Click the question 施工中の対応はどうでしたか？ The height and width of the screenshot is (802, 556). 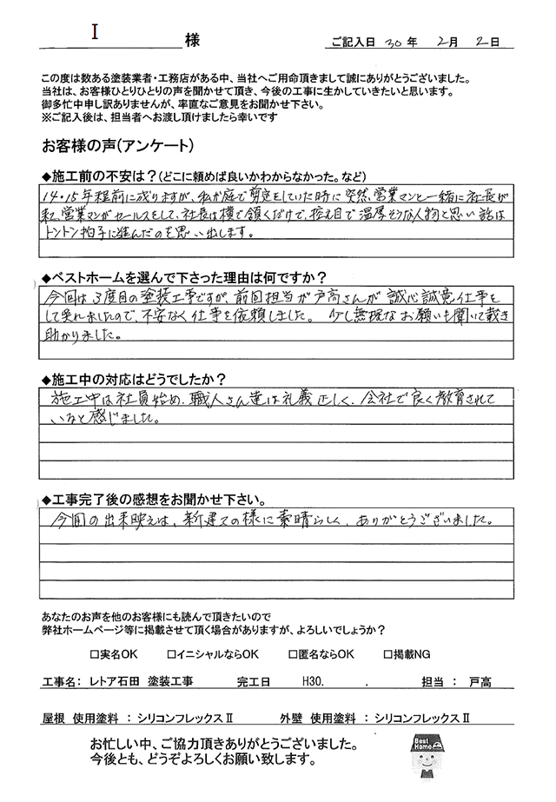(139, 379)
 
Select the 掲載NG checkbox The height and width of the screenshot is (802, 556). (387, 653)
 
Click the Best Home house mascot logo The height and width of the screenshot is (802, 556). (426, 754)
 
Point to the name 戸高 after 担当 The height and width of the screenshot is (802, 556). (477, 682)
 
